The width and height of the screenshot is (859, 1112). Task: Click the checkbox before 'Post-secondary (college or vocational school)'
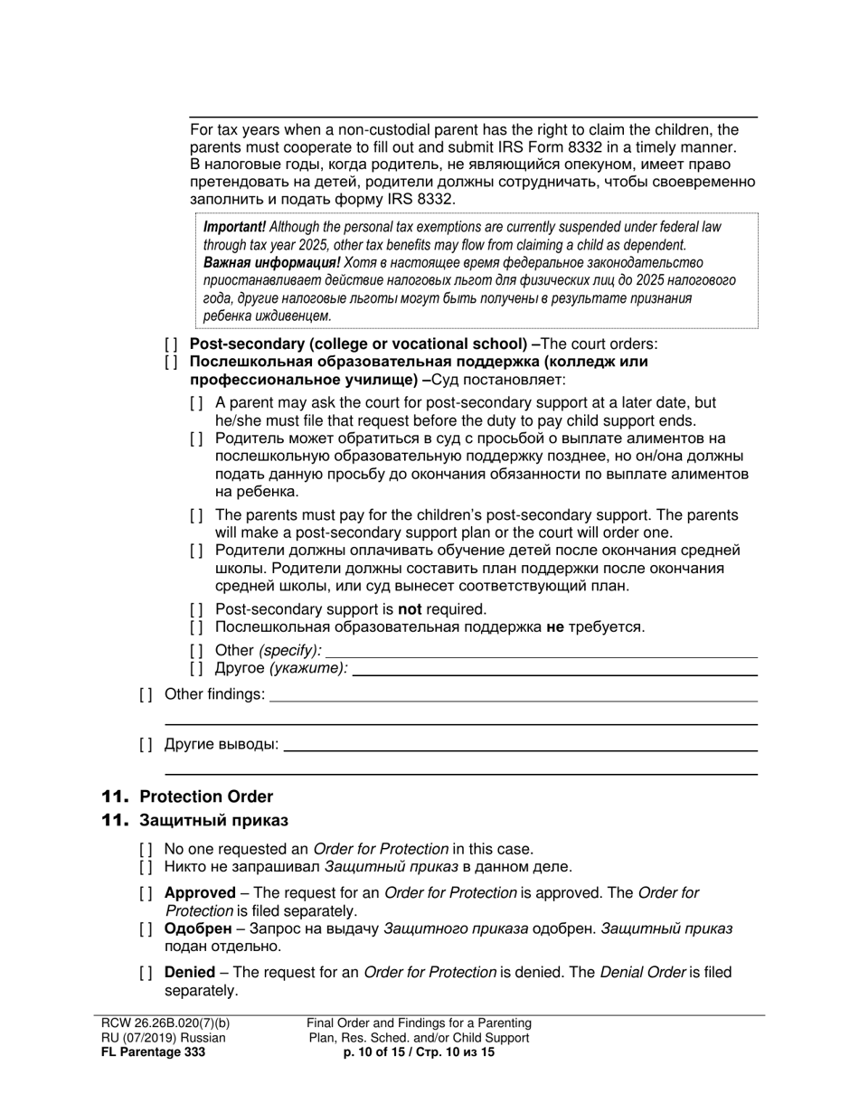171,344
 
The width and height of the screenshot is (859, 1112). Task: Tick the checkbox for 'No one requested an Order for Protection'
146,849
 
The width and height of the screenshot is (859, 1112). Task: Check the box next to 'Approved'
146,893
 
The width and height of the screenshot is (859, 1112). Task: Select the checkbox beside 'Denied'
146,973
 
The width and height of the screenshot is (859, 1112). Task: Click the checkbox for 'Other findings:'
146,694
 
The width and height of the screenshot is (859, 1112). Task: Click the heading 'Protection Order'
205,796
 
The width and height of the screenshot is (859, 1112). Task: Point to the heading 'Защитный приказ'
212,820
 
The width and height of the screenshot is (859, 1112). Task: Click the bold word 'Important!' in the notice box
234,227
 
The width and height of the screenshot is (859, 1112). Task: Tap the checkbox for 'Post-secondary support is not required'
196,609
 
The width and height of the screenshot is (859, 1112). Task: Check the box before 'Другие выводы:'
146,744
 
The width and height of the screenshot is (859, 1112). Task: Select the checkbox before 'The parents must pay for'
196,515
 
